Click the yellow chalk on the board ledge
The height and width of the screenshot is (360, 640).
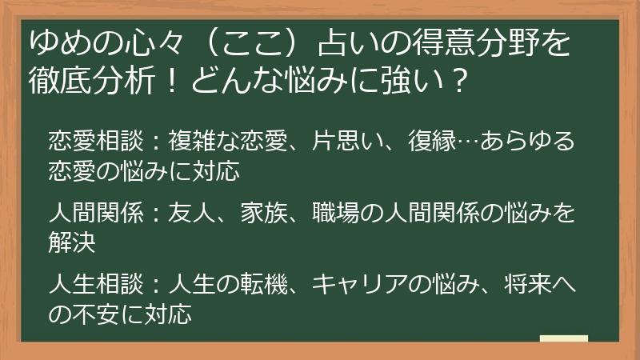[x=564, y=338]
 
